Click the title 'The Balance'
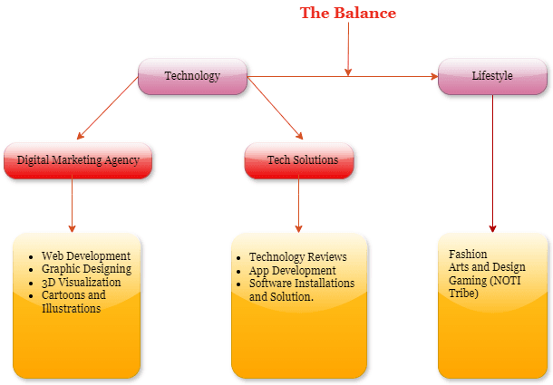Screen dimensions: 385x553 click(348, 13)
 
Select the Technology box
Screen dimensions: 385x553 click(192, 76)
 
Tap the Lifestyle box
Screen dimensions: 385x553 click(492, 76)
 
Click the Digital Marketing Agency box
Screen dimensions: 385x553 click(78, 160)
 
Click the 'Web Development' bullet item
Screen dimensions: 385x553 click(86, 256)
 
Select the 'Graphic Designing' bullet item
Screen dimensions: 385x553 click(86, 269)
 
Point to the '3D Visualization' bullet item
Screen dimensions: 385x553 click(81, 282)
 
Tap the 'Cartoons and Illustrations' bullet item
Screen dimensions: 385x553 click(73, 302)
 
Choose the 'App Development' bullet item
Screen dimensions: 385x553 click(292, 270)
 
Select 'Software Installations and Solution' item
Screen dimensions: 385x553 click(301, 290)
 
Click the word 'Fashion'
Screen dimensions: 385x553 click(468, 255)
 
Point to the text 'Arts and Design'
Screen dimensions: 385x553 click(487, 267)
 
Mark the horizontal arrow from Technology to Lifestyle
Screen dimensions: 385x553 click(390, 77)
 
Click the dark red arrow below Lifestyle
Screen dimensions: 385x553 click(493, 163)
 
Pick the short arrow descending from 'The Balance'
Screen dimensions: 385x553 click(348, 50)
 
